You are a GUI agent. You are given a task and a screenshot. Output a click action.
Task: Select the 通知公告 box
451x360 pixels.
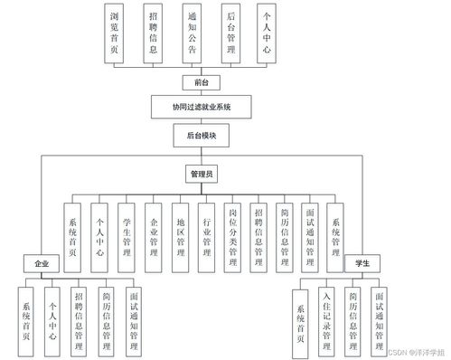point(194,34)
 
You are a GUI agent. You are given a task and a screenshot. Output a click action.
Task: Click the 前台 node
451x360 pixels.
point(202,82)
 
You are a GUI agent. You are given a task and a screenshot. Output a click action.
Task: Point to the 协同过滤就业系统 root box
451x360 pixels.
point(202,108)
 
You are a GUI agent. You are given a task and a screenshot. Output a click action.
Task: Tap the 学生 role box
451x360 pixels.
point(363,261)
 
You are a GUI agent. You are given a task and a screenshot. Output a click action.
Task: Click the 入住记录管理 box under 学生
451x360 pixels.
point(327,318)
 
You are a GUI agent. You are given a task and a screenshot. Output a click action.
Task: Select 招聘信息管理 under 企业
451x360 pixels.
point(80,318)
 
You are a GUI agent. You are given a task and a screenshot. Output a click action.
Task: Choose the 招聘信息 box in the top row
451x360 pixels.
point(154,34)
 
